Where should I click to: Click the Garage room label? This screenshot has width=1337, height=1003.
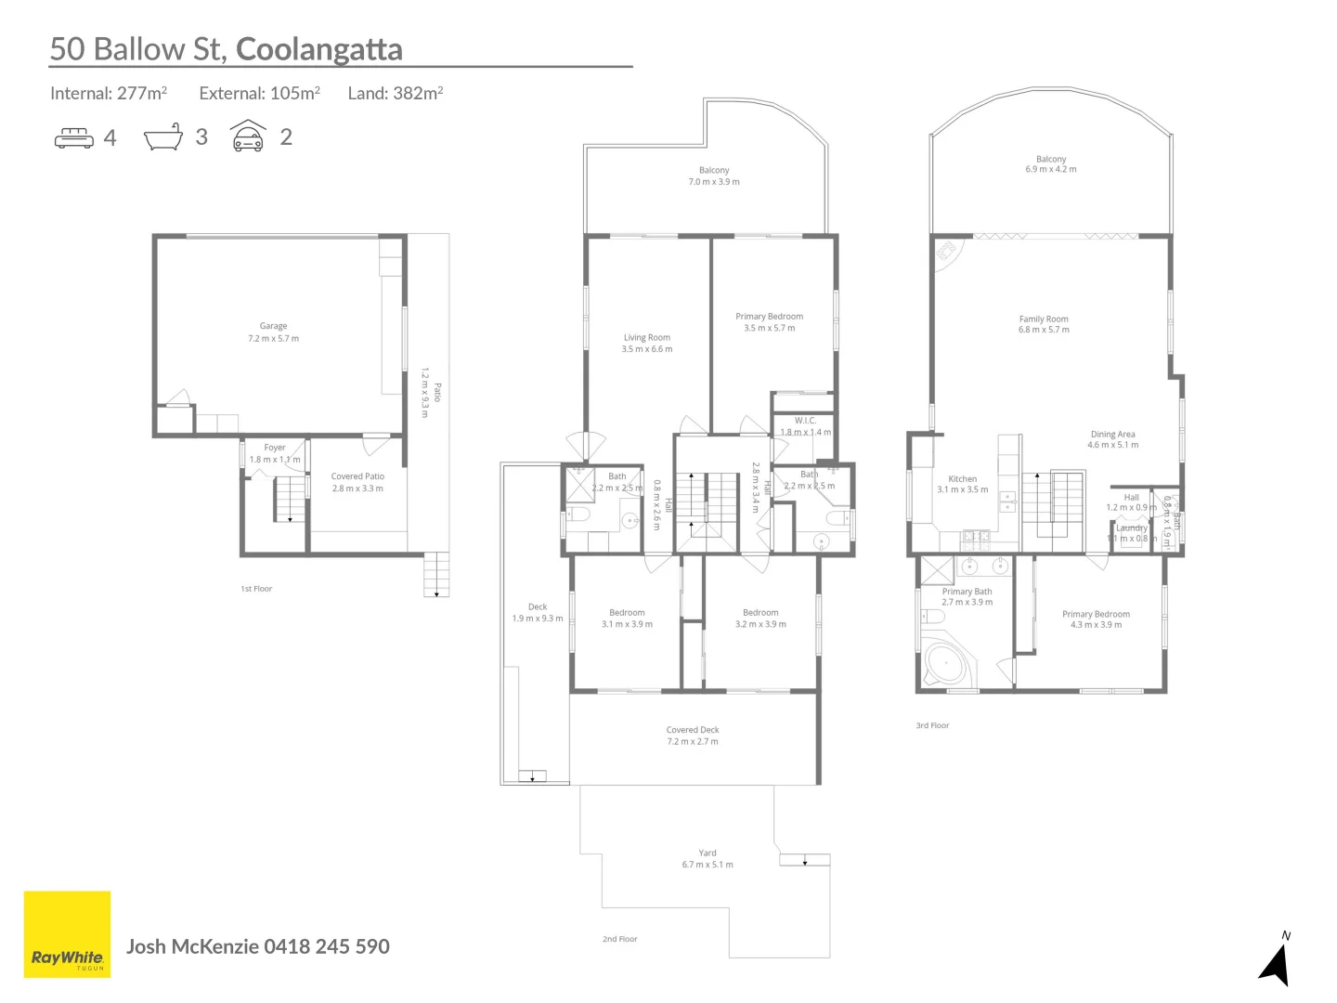pos(273,332)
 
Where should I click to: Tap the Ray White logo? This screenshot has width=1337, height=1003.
pos(67,934)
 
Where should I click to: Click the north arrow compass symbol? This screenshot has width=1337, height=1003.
pos(1277,962)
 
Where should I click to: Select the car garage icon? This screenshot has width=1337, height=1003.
pos(248,137)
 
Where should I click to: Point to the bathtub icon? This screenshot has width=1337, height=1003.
pos(162,137)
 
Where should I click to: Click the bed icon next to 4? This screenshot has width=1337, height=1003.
pos(74,138)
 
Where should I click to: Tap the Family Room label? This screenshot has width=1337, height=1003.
pos(1044,324)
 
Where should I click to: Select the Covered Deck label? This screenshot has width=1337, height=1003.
pos(693,736)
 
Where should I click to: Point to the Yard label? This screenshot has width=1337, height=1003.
pos(707,858)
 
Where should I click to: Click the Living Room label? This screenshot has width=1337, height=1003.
pos(647,343)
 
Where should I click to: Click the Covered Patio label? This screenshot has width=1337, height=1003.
pos(357,482)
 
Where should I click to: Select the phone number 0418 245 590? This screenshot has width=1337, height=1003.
pos(327,946)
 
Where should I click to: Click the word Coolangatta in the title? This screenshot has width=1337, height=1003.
pos(318,49)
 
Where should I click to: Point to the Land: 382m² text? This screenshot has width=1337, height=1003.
pos(395,93)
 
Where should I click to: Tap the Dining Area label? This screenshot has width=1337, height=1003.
pos(1112,439)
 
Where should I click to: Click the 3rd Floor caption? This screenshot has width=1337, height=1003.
pos(932,725)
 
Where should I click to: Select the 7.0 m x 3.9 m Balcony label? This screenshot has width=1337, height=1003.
pos(714,176)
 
